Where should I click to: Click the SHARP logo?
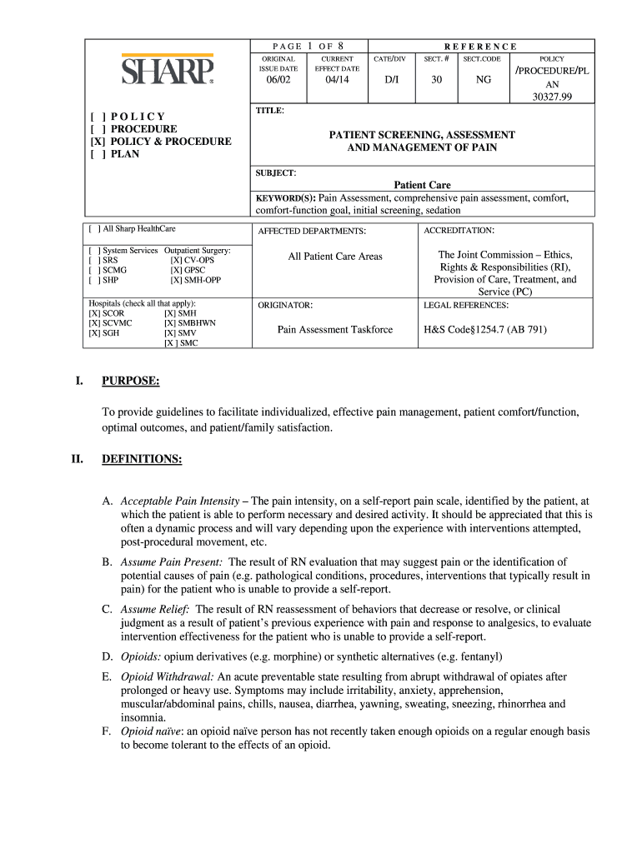coord(168,71)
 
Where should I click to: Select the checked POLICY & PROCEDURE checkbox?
coord(96,142)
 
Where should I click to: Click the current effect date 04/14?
coord(336,80)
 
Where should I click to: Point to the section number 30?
coord(436,80)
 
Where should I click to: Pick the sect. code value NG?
coord(484,80)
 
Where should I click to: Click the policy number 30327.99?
coord(551,97)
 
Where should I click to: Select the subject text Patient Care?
coord(422,185)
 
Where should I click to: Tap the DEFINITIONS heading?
coord(141,459)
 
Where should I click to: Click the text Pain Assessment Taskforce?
coord(334,330)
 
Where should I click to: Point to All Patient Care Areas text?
coord(334,257)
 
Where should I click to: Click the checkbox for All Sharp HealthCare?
coord(95,228)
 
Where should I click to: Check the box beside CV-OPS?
coord(176,261)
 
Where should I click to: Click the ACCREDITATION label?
coord(459,230)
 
